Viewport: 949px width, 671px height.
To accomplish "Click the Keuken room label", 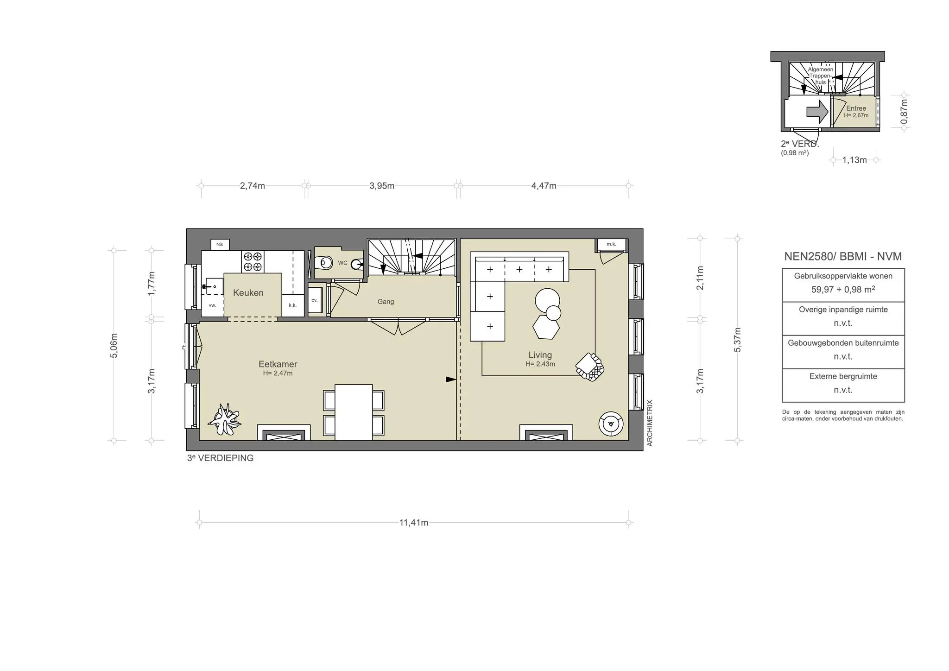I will click(248, 293).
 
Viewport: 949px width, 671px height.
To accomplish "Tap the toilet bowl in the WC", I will click(326, 263).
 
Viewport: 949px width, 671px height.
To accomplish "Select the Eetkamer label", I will click(278, 365).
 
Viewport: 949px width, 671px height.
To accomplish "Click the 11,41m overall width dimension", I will click(413, 523).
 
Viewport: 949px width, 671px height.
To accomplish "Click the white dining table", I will click(354, 412).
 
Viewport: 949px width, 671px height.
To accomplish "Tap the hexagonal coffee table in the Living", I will click(545, 327).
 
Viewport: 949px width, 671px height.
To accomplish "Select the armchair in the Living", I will click(589, 367).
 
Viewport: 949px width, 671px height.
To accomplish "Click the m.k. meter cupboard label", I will click(611, 244).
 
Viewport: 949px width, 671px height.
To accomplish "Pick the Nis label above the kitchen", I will click(220, 244).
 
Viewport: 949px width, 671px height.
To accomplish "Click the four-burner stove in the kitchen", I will click(253, 262).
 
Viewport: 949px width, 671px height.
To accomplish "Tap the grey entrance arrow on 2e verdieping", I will click(817, 112).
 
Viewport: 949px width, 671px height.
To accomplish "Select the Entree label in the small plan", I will click(856, 108).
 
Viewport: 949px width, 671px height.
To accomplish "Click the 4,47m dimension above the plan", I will click(544, 186).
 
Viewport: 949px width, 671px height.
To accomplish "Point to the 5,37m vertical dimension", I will click(738, 340).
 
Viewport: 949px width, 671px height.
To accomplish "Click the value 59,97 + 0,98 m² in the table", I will click(843, 290).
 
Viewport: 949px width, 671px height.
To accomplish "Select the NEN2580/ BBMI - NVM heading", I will click(842, 256).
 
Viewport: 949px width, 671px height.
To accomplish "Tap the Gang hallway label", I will click(386, 302).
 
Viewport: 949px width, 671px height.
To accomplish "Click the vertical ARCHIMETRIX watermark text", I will click(650, 423).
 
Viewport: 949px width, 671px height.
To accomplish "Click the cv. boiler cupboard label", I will click(314, 300).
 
